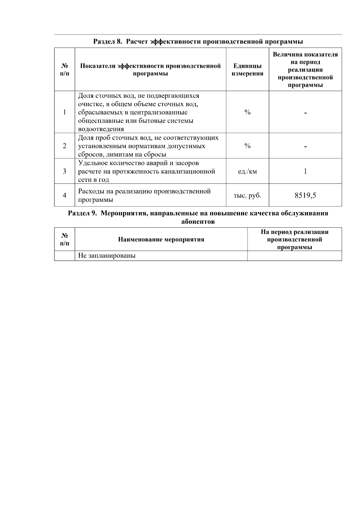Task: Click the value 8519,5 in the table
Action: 305,196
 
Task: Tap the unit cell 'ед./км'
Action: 247,172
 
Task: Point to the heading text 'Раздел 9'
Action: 82,213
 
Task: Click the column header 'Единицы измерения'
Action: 247,70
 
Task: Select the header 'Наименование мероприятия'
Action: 161,240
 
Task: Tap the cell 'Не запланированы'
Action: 107,256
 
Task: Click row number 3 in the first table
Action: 64,172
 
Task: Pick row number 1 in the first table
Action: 64,112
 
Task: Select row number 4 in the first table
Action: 64,196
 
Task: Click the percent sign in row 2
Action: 247,146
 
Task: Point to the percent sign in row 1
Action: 247,112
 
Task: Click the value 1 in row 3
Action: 305,172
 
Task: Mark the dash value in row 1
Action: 305,113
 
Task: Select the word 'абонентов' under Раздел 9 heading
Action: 198,222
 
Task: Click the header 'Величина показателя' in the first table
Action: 305,55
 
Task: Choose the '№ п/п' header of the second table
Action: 64,239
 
